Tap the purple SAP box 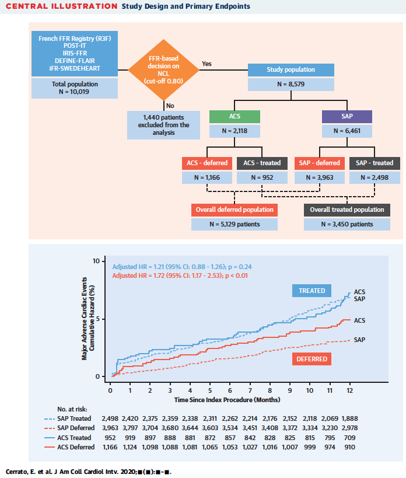coord(346,116)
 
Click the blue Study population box coord(291,69)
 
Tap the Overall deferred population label coord(234,210)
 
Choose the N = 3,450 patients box coord(347,224)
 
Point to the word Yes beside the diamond coord(206,63)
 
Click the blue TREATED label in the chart coord(312,291)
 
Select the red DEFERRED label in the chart coord(312,358)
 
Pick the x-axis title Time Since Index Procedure coord(227,400)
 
